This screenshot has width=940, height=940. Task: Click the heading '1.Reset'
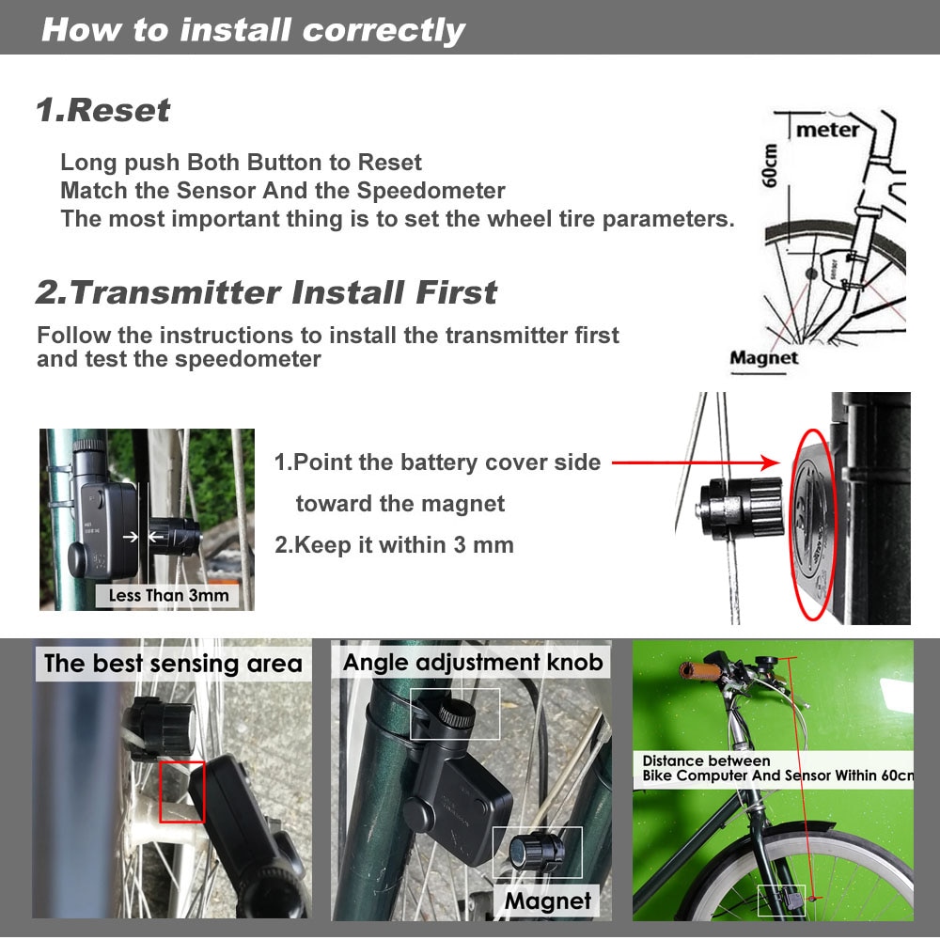point(103,110)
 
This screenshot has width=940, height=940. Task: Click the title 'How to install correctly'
point(253,29)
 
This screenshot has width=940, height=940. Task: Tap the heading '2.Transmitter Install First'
point(267,292)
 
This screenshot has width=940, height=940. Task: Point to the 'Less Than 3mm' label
point(168,595)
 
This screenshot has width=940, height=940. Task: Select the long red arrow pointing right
point(696,462)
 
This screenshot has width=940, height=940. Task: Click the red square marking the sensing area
point(181,791)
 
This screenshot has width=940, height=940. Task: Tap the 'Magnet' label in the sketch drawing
point(763,358)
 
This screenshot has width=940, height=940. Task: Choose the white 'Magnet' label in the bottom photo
point(547,901)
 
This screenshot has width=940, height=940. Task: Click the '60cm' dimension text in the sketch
point(771,164)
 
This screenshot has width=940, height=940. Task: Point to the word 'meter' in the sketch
point(827,130)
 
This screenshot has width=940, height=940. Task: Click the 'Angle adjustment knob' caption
point(472,662)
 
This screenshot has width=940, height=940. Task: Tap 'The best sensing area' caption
point(173,664)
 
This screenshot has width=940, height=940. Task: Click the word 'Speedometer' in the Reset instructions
point(431,191)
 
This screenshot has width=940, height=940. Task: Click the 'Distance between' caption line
point(706,761)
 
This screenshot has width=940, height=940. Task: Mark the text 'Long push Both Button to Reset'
point(242,163)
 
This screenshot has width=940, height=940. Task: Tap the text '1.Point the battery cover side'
point(437,462)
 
